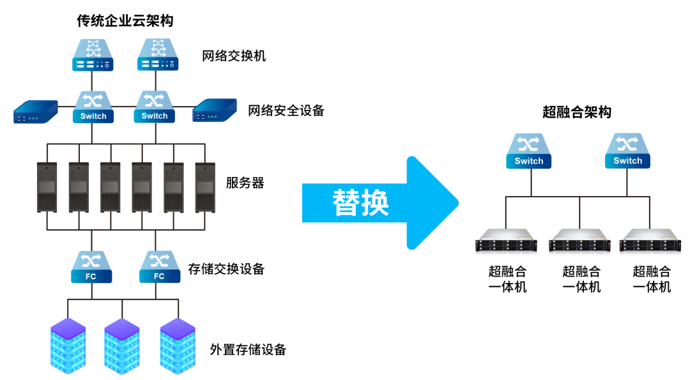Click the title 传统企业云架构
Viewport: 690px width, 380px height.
point(125,20)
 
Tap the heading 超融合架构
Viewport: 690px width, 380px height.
point(576,112)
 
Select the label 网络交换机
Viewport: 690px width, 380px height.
point(234,56)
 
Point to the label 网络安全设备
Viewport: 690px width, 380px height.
point(286,110)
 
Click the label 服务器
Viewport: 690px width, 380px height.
point(245,183)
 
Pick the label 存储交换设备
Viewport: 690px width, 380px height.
point(226,269)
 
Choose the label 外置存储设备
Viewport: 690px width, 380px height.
point(248,349)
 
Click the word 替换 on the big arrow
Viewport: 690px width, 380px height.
point(360,202)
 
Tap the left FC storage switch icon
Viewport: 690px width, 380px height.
point(91,267)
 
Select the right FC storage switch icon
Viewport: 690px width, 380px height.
point(160,267)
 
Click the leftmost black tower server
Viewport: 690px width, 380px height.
point(47,187)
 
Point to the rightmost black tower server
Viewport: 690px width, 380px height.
point(205,187)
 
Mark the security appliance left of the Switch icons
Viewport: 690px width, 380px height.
point(36,112)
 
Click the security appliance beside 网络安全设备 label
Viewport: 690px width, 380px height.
point(215,110)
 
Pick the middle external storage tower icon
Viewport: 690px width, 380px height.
point(122,346)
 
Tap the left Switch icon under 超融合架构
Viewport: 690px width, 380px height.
point(528,151)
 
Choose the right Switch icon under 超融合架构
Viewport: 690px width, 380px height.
point(627,151)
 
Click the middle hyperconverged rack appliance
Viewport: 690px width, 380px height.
point(579,240)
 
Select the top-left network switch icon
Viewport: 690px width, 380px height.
point(93,55)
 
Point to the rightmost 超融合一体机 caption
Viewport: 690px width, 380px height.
point(652,279)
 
